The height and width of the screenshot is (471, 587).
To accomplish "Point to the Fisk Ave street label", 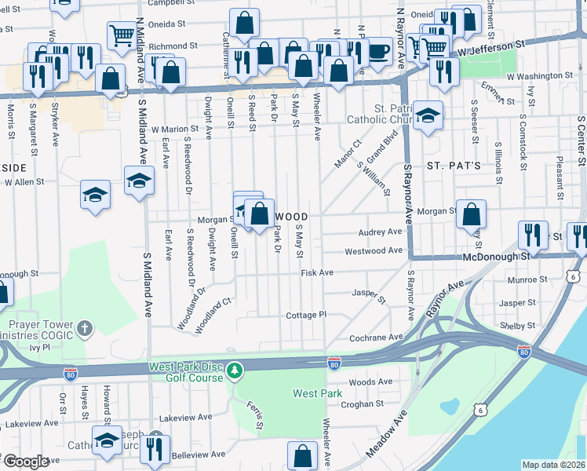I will [317, 272].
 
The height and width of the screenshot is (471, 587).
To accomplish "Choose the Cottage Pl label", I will [305, 314].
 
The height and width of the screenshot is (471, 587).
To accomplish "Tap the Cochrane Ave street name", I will [376, 337].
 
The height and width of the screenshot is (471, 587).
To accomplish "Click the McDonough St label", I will [454, 256].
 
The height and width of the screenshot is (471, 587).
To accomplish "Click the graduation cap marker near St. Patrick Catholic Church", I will [428, 115].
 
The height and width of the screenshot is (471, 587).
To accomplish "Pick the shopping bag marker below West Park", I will [302, 455].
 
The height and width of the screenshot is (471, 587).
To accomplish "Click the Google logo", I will [26, 462].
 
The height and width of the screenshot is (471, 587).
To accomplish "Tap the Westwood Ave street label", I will [374, 251].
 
